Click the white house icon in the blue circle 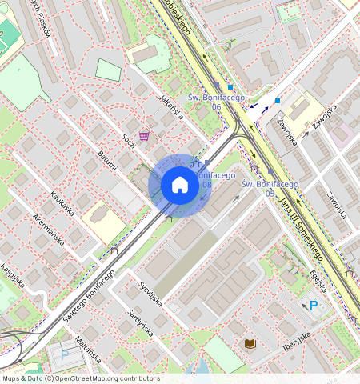pyautogui.click(x=180, y=186)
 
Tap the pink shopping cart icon pyautogui.click(x=144, y=135)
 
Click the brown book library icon pyautogui.click(x=250, y=343)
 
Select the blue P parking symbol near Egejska pyautogui.click(x=313, y=305)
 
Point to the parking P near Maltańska pyautogui.click(x=65, y=351)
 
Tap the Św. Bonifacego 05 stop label pyautogui.click(x=270, y=188)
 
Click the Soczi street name pyautogui.click(x=128, y=141)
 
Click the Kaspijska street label pyautogui.click(x=15, y=274)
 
